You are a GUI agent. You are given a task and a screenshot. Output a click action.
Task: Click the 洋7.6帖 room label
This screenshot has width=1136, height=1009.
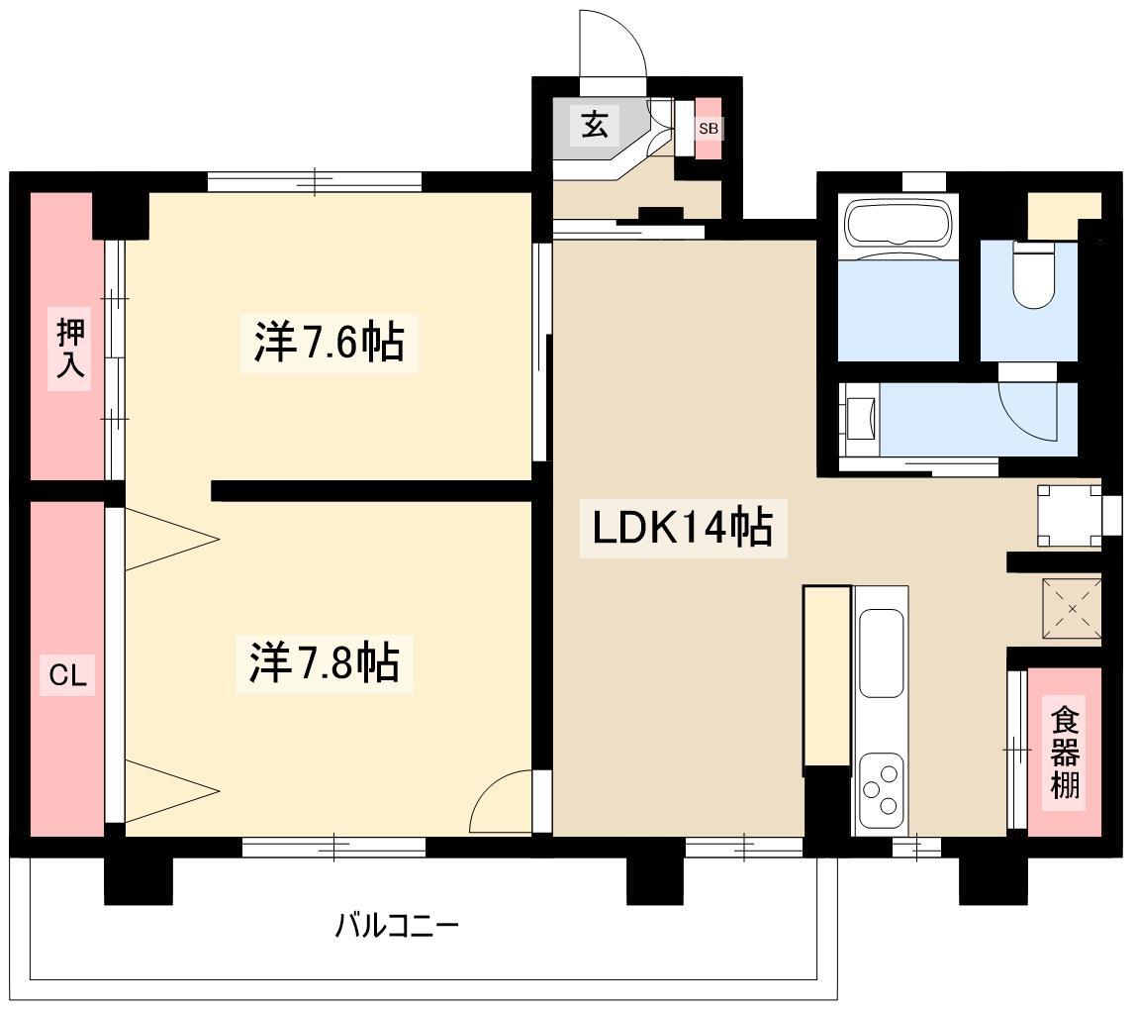(329, 343)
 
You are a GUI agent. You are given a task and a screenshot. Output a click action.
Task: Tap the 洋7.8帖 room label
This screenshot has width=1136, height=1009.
(325, 662)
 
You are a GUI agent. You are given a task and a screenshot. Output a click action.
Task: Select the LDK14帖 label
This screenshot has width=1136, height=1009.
(683, 527)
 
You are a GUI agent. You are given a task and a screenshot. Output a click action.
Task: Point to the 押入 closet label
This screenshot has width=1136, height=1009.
(70, 349)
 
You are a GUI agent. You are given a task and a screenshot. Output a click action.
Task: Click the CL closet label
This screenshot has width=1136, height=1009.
(67, 675)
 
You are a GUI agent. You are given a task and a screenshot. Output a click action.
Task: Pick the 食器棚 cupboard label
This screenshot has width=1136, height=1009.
(1065, 754)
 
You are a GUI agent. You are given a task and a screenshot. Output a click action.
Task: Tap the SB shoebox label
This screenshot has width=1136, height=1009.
(709, 129)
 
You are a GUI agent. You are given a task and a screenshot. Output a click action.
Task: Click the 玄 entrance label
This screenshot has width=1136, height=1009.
(594, 126)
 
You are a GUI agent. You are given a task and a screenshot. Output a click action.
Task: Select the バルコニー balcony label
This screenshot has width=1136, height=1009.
(397, 926)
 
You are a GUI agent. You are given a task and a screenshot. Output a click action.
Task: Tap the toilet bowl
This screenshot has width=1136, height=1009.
(1034, 274)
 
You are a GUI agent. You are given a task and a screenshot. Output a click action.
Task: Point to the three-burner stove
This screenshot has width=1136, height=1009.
(881, 790)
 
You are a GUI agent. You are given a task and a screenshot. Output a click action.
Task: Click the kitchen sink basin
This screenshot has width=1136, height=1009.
(881, 654)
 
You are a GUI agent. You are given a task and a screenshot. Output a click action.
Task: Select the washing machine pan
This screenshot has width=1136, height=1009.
(1070, 516)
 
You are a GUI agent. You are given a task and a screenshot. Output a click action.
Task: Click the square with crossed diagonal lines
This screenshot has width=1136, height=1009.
(1072, 608)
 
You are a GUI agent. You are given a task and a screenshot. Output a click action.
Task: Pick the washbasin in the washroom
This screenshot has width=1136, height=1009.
(861, 419)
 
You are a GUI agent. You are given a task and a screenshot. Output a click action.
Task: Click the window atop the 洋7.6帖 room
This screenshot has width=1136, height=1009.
(315, 181)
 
